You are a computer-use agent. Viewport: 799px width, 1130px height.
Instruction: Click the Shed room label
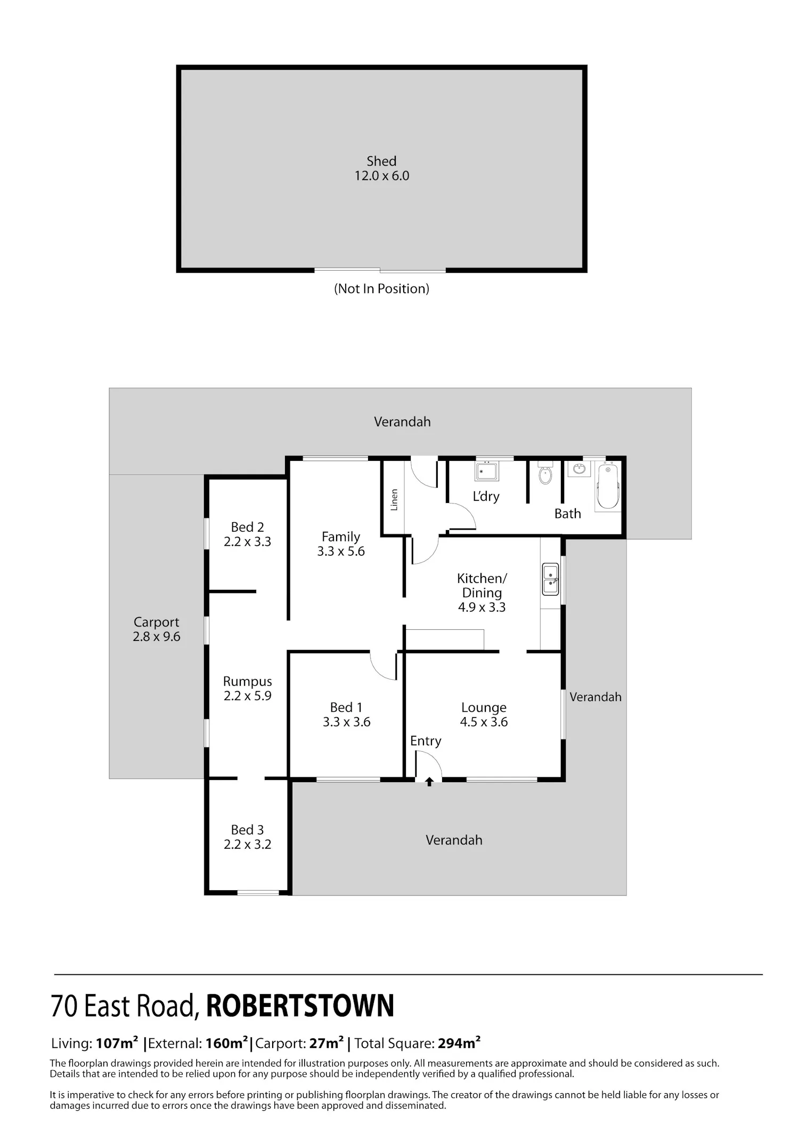click(x=381, y=161)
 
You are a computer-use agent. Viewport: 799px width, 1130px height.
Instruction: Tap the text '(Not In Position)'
click(x=381, y=289)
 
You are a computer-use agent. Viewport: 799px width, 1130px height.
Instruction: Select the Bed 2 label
click(x=247, y=527)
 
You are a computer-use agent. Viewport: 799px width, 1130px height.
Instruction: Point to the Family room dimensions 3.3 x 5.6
click(x=341, y=551)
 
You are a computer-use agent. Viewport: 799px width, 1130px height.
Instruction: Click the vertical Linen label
click(x=394, y=500)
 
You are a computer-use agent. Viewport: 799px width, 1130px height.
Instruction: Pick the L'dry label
click(x=486, y=497)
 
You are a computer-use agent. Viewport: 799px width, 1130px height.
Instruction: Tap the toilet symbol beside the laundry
click(x=545, y=473)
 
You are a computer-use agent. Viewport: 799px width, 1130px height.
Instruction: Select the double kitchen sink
click(x=550, y=579)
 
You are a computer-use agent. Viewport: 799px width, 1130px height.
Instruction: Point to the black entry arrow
click(x=429, y=782)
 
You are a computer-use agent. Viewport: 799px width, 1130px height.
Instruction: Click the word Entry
click(x=426, y=741)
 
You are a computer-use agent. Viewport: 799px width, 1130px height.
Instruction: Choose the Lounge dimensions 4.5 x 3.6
click(x=484, y=722)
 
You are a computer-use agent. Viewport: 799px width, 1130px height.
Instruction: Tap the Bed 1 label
click(x=346, y=707)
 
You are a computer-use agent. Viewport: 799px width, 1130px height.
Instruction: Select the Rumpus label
click(x=247, y=681)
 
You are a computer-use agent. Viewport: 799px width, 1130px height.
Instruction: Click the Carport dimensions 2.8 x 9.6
click(x=157, y=637)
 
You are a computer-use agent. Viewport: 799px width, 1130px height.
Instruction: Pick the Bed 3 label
click(x=247, y=830)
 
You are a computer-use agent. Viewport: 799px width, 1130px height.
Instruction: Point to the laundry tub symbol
click(x=487, y=471)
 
